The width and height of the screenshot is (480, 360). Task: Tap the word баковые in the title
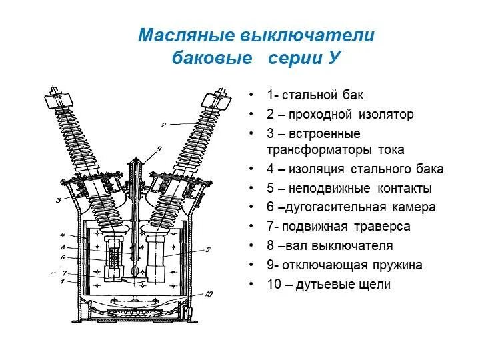pyautogui.click(x=212, y=58)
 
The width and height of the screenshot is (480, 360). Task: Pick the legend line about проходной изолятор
pyautogui.click(x=340, y=115)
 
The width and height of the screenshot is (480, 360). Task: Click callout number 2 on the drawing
pyautogui.click(x=163, y=124)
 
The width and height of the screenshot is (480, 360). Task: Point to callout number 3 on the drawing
pyautogui.click(x=58, y=200)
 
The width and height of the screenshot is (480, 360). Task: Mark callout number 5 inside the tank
pyautogui.click(x=208, y=250)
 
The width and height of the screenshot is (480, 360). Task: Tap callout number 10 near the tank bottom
pyautogui.click(x=209, y=294)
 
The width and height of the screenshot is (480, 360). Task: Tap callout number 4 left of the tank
pyautogui.click(x=62, y=235)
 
